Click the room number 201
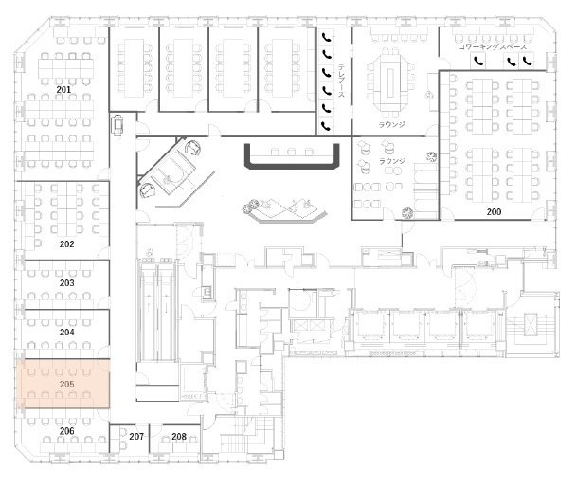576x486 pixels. pyautogui.click(x=63, y=90)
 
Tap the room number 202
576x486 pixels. pyautogui.click(x=67, y=244)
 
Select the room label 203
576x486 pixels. pyautogui.click(x=67, y=283)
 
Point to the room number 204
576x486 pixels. pyautogui.click(x=67, y=333)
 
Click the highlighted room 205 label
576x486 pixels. pyautogui.click(x=67, y=385)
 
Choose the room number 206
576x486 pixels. pyautogui.click(x=67, y=431)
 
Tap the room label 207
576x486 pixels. pyautogui.click(x=136, y=437)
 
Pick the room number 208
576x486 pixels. pyautogui.click(x=179, y=437)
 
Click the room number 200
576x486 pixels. pyautogui.click(x=495, y=212)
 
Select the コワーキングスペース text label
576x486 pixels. pyautogui.click(x=493, y=47)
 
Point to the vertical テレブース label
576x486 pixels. pyautogui.click(x=341, y=81)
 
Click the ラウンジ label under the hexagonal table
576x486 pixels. pyautogui.click(x=392, y=124)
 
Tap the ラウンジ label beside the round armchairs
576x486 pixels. pyautogui.click(x=392, y=161)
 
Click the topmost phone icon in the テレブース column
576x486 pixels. pyautogui.click(x=327, y=37)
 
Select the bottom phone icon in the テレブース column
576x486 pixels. pyautogui.click(x=326, y=126)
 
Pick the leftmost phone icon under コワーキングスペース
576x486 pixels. pyautogui.click(x=477, y=61)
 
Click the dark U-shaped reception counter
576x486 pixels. pyautogui.click(x=292, y=165)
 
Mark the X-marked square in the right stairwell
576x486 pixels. pyautogui.click(x=531, y=324)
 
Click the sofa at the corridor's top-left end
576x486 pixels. pyautogui.click(x=117, y=125)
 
